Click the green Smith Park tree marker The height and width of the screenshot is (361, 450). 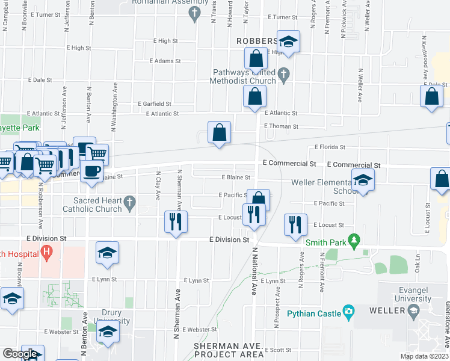[354, 242]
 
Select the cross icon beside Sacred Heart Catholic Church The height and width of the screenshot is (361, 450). [129, 205]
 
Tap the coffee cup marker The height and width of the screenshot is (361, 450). [91, 171]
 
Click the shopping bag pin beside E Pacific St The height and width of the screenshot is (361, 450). [259, 199]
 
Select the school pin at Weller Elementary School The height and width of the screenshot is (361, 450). [363, 179]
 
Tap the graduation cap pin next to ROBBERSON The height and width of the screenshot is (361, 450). [288, 42]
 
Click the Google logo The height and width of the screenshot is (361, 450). [20, 353]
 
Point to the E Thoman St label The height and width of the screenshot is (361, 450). [281, 126]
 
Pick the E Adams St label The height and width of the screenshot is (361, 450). [165, 61]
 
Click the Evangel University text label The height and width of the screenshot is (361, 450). [412, 295]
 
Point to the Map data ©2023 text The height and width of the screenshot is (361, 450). [424, 356]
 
